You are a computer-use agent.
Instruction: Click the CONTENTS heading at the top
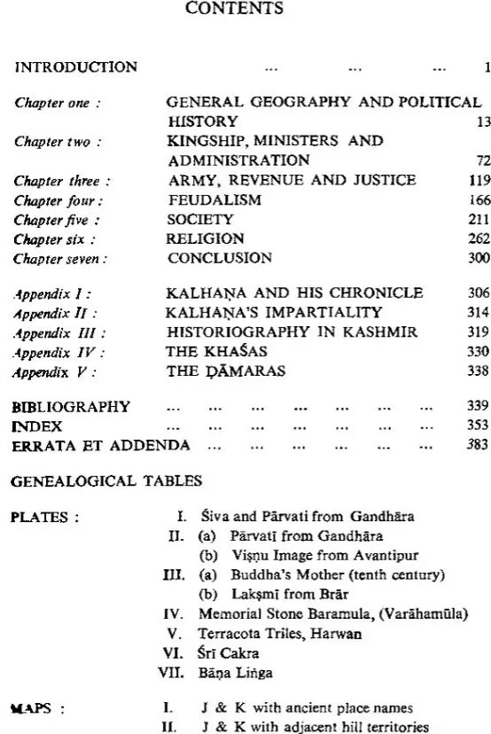click(x=245, y=9)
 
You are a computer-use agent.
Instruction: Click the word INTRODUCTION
click(x=76, y=67)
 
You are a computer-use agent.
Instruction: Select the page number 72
click(x=482, y=160)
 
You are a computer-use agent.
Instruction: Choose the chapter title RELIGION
click(x=205, y=238)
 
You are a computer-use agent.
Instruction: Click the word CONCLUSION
click(x=220, y=258)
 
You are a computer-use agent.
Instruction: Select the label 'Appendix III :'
click(x=58, y=332)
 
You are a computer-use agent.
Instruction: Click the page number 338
click(x=479, y=372)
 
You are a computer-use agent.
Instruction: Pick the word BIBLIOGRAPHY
click(x=70, y=407)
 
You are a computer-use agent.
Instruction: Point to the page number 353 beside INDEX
click(x=479, y=426)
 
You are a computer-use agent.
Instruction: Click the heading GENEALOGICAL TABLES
click(x=106, y=481)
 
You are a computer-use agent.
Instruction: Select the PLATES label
click(x=44, y=518)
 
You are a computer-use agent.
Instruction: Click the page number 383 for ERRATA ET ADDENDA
click(x=479, y=445)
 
